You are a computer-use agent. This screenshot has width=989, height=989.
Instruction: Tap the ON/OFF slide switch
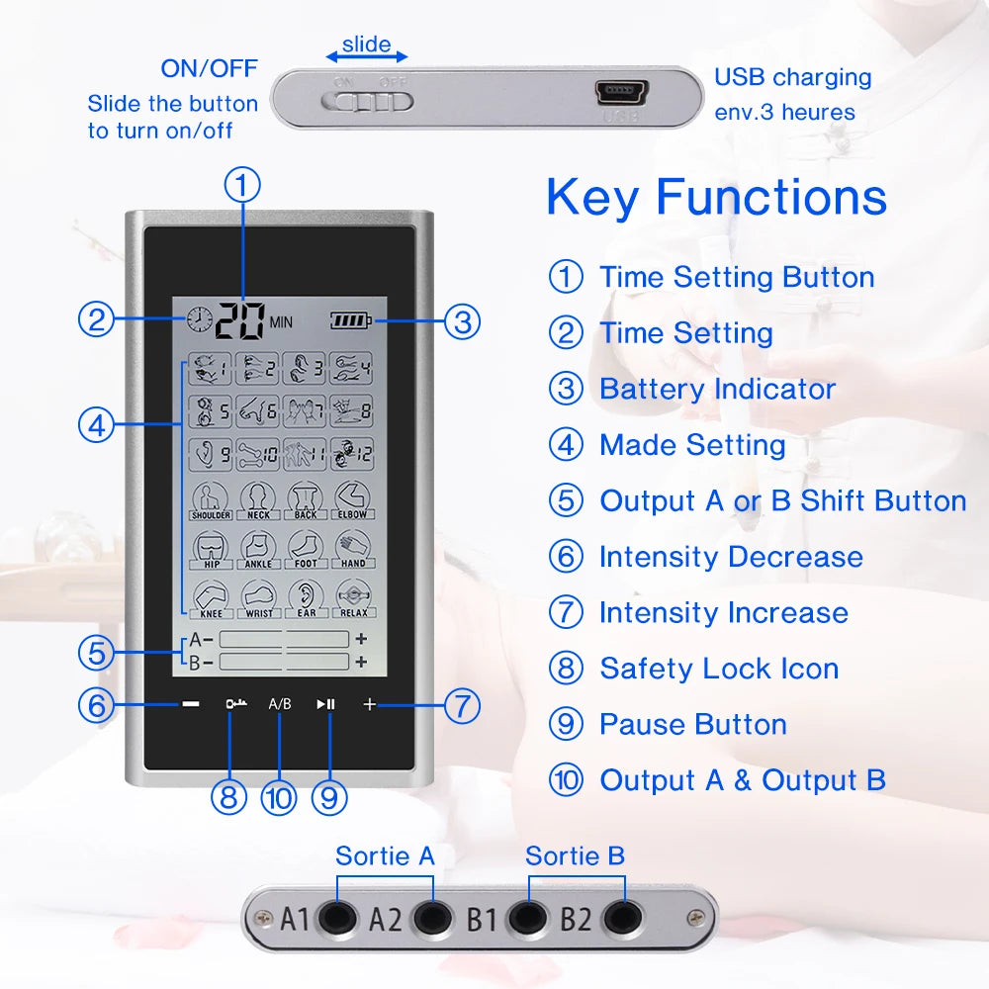372,100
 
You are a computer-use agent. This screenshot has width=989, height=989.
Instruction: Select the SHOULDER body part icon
211,500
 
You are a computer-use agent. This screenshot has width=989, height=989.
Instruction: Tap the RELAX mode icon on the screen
353,598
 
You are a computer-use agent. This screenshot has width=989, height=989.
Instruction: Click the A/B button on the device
280,704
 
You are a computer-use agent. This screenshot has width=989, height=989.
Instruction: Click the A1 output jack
337,919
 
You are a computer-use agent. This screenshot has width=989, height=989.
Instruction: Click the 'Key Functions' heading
716,196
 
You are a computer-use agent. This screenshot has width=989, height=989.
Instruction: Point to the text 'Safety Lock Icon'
719,669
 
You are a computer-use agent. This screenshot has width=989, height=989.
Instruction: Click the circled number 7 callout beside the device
462,705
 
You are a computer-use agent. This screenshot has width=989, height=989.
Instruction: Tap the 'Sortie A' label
385,855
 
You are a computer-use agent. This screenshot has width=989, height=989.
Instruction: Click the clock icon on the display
199,319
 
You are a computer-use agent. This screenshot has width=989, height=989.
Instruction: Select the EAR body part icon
307,598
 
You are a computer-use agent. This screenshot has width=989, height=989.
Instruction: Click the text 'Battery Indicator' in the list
717,389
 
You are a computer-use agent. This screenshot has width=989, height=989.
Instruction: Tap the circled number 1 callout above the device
243,185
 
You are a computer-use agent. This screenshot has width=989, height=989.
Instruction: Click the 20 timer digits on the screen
240,319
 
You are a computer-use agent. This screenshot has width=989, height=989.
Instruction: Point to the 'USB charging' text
792,77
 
